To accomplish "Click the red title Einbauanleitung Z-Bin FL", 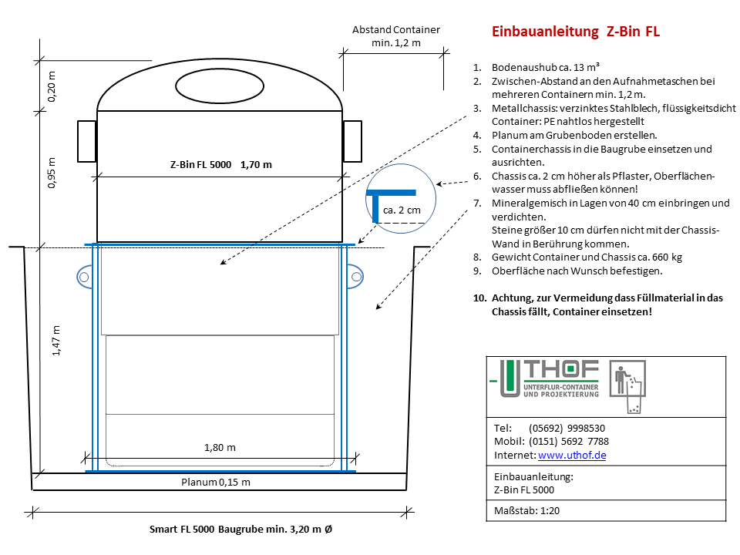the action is pos(575,32).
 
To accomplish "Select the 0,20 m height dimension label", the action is pos(52,86).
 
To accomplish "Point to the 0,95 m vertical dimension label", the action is pos(52,173).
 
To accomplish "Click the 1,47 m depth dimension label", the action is pos(56,340).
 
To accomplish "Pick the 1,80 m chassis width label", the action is pos(220,447).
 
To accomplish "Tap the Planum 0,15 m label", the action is pos(216,483).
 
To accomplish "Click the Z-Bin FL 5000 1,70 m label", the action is pos(221,165).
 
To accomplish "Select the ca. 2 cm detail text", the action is pos(402,210).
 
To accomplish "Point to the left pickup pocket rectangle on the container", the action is pos(87,142).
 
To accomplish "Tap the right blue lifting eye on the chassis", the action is pos(355,277).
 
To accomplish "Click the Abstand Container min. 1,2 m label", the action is pos(396,36).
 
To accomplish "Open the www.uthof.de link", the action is pos(572,456).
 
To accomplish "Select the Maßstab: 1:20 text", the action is pos(526,510).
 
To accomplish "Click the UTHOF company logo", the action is pos(544,378).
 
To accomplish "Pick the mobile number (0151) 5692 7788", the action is pos(569,442).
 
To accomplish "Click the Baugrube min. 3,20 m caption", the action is pos(275,530).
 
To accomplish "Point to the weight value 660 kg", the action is pos(667,257).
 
